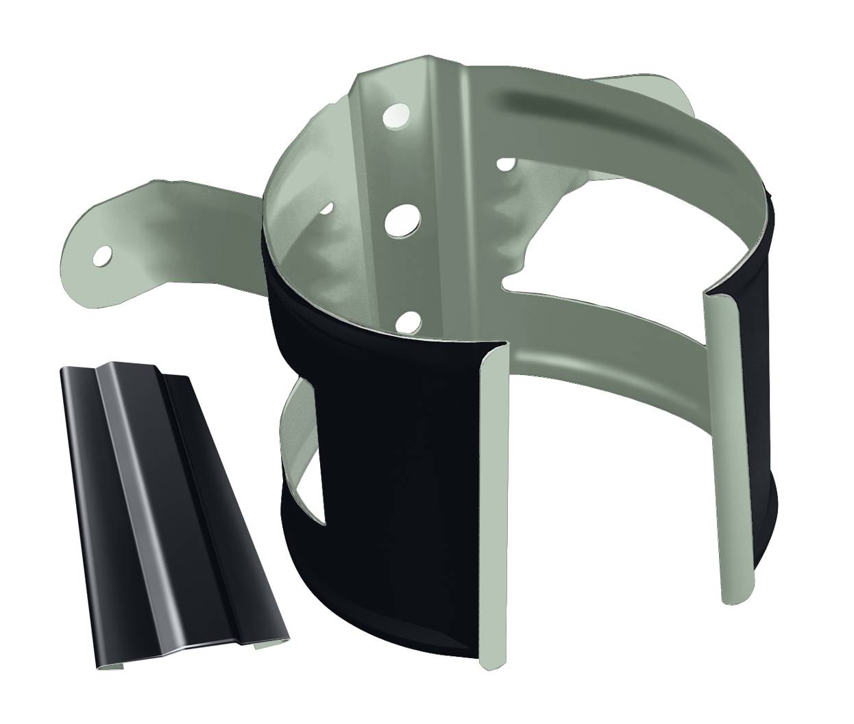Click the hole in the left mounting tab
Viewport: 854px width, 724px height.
(103, 256)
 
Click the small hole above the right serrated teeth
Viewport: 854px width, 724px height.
(506, 164)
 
